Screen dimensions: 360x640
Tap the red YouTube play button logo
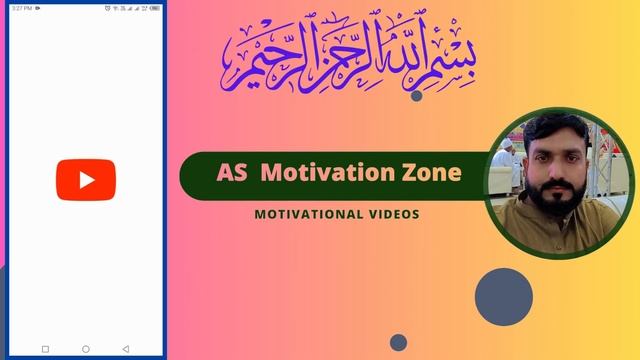pos(85,180)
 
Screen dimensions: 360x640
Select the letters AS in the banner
pos(231,173)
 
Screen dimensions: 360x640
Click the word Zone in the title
pos(433,173)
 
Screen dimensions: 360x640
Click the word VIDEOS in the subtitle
pos(394,214)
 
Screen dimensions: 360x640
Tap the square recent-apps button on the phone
pos(45,349)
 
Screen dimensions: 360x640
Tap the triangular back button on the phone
pos(126,349)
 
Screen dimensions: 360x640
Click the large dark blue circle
pos(503,297)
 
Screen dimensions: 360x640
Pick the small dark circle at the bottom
pos(398,342)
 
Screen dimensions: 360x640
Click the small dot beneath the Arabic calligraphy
pos(416,96)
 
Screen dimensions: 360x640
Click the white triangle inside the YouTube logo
pos(86,180)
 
